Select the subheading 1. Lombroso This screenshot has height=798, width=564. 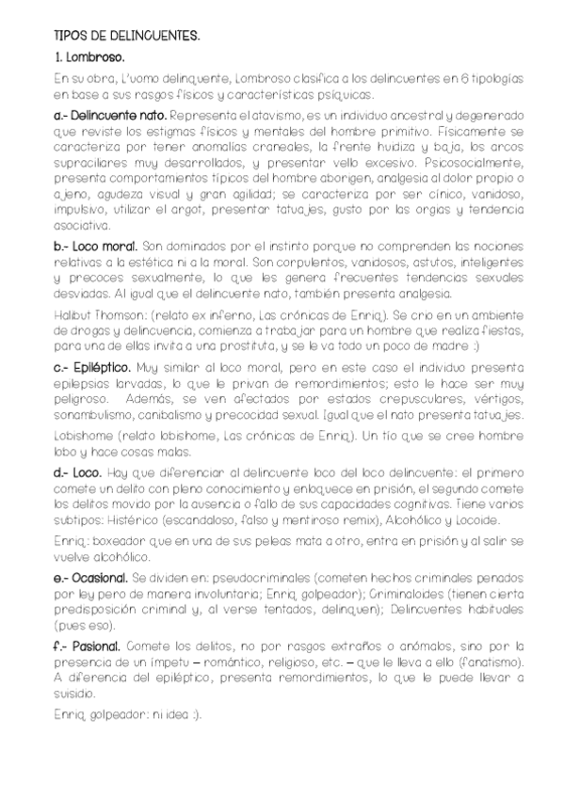coord(89,58)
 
